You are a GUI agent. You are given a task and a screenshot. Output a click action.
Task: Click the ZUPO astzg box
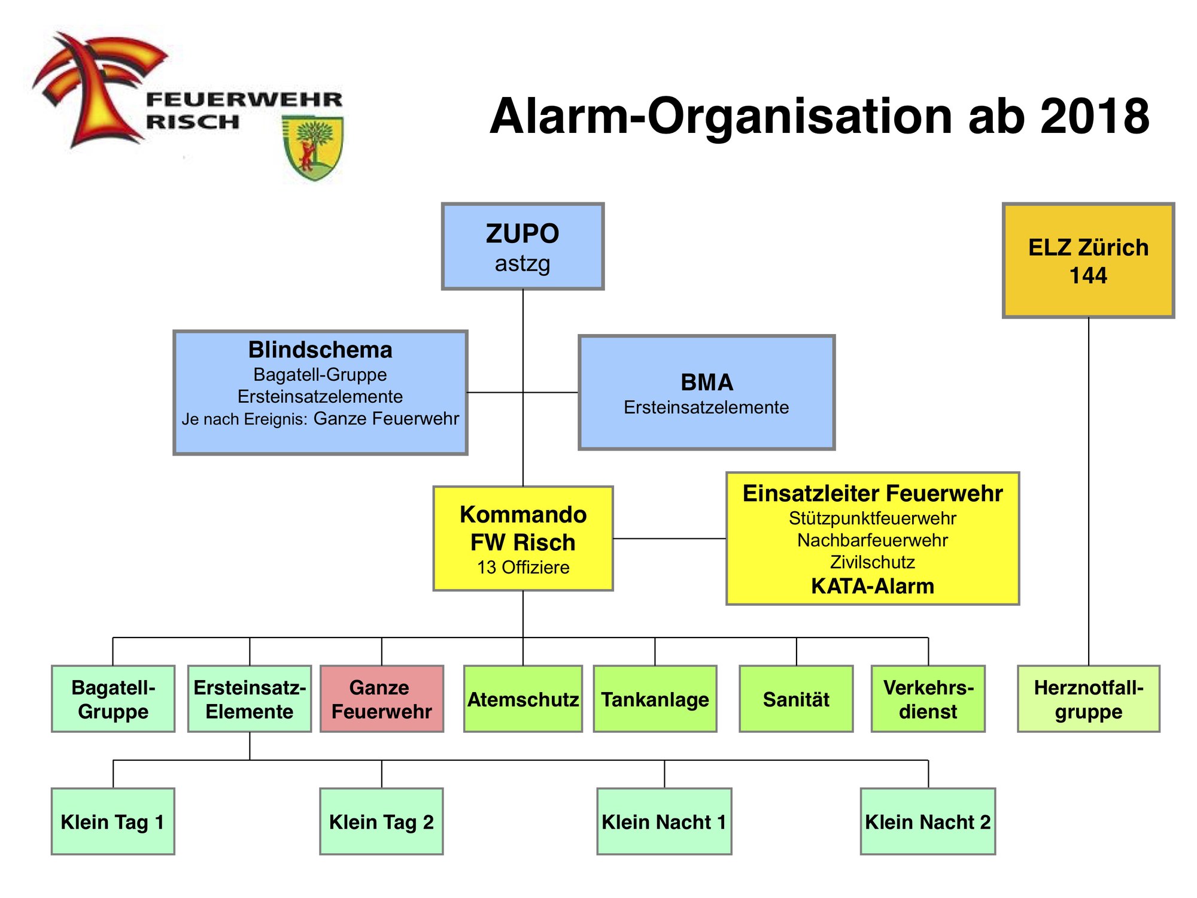[x=522, y=247]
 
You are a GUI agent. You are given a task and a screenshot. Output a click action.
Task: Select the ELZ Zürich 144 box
[x=1088, y=260]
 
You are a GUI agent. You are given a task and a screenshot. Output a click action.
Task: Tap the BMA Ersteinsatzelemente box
[x=706, y=393]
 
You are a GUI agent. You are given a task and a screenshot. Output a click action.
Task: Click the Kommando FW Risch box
[x=523, y=538]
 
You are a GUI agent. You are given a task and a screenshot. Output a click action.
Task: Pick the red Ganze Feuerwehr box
[x=381, y=699]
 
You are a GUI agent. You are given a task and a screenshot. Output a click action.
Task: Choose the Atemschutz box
[x=522, y=699]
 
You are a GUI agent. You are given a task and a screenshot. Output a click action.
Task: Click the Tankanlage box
[x=655, y=699]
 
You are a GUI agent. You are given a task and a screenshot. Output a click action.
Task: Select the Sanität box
[x=796, y=699]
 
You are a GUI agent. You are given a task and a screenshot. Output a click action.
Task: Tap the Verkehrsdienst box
[x=928, y=699]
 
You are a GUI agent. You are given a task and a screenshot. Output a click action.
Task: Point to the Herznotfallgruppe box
[x=1088, y=699]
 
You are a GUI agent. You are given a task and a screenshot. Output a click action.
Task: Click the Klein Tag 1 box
[x=113, y=821]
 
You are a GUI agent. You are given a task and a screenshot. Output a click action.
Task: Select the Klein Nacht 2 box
[x=928, y=821]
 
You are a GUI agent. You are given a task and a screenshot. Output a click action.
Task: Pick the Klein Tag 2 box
[x=381, y=821]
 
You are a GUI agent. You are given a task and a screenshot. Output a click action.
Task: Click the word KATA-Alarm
[x=872, y=586]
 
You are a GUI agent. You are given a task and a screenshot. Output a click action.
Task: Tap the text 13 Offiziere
[x=523, y=568]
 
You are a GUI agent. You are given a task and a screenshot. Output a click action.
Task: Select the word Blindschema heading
[x=320, y=350]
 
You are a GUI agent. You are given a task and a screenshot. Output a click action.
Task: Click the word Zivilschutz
[x=872, y=562]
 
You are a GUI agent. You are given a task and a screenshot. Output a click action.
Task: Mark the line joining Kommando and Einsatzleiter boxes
[x=669, y=539]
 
